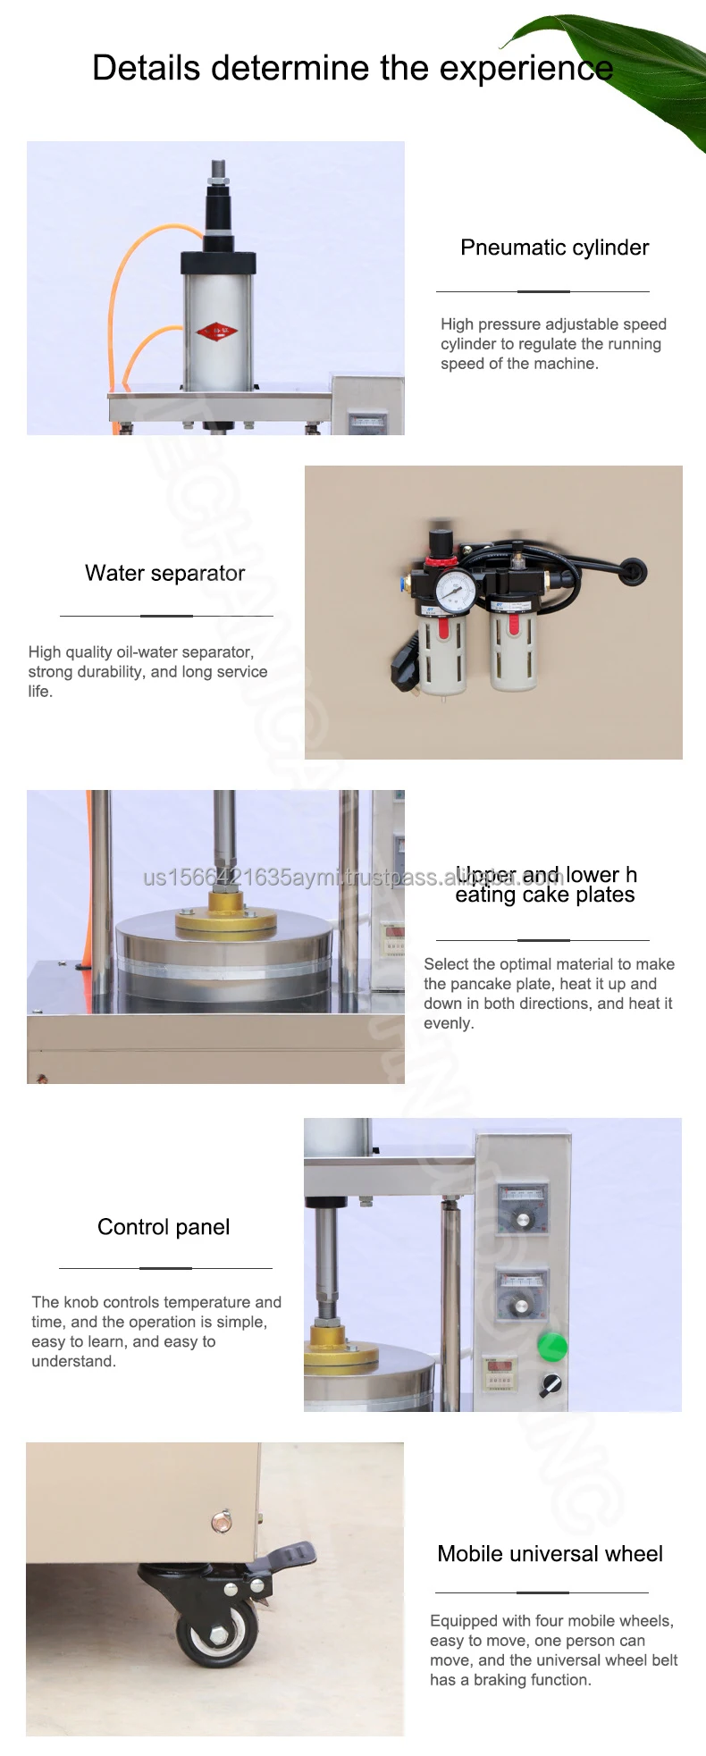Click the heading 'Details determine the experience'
(352, 68)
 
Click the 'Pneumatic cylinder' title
(554, 248)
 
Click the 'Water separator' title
(164, 573)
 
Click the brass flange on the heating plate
(225, 920)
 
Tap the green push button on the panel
(551, 1346)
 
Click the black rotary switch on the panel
(551, 1385)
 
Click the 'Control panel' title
(164, 1227)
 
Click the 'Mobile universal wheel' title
(550, 1554)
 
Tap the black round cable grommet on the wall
(634, 571)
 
